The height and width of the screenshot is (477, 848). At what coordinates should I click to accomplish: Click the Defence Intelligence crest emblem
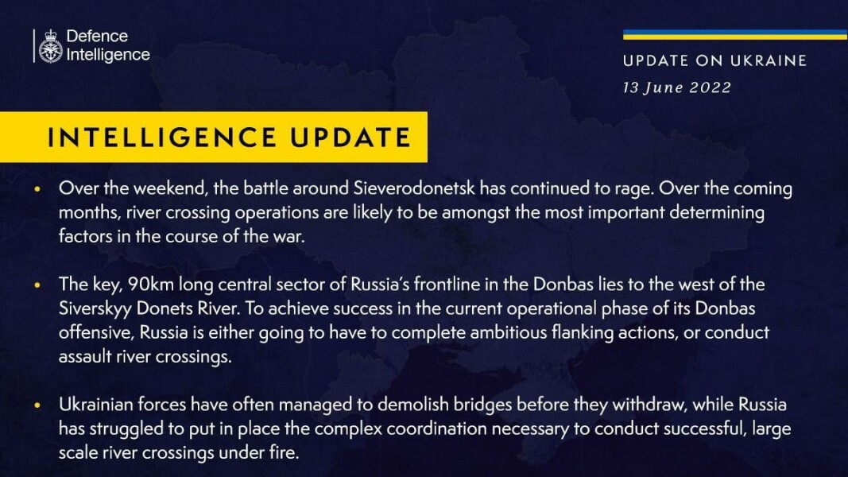pyautogui.click(x=51, y=45)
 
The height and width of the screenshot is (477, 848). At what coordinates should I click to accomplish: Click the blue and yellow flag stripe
pyautogui.click(x=734, y=34)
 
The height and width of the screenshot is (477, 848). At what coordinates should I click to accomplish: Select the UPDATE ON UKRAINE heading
pyautogui.click(x=714, y=60)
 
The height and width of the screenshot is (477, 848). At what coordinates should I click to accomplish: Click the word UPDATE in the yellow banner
pyautogui.click(x=350, y=137)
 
